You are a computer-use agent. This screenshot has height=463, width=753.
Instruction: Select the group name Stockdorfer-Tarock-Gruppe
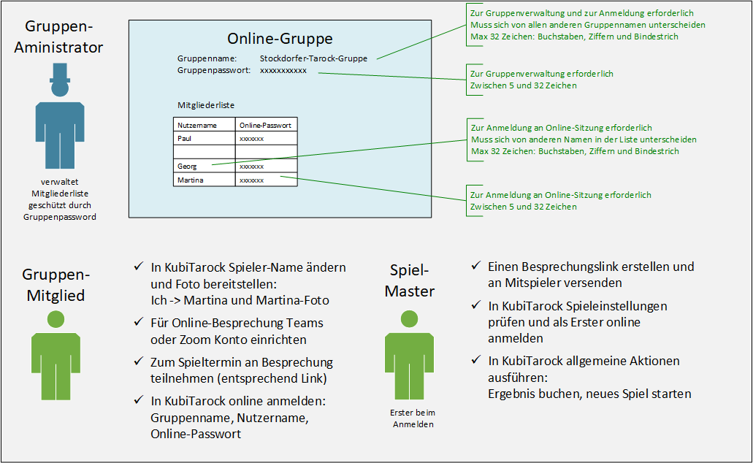[313, 58]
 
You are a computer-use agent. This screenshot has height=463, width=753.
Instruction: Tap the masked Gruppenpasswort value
[283, 70]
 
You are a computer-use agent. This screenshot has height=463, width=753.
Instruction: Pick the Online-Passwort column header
[265, 125]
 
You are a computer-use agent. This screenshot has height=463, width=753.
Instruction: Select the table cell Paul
[185, 138]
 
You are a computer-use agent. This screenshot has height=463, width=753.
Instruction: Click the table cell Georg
[188, 167]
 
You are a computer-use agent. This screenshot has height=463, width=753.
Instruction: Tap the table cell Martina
[191, 180]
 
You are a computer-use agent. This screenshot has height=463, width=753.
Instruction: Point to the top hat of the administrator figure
[58, 72]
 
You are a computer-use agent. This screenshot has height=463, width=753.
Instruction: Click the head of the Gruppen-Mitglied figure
[56, 319]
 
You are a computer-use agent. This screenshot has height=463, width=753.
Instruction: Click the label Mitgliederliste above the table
[206, 105]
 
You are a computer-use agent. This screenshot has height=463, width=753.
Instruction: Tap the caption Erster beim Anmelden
[413, 418]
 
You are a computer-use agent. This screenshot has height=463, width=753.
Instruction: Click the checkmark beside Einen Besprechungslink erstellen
[475, 267]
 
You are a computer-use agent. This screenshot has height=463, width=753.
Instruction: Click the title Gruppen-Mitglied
[56, 285]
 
